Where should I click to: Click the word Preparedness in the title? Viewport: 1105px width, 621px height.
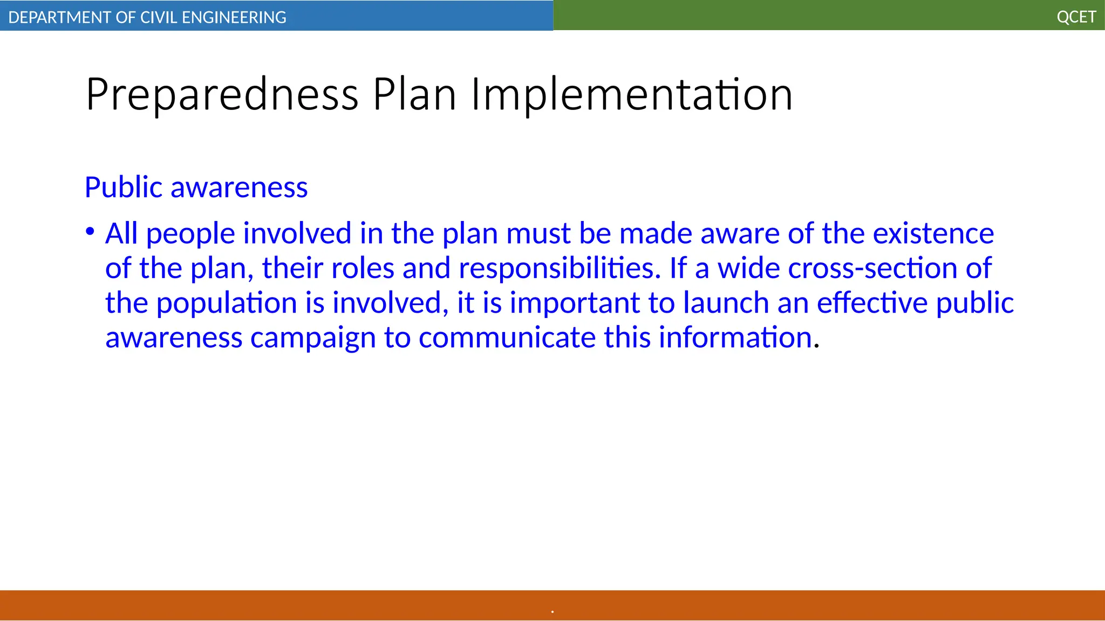click(222, 95)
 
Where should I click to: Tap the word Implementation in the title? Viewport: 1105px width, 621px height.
click(632, 95)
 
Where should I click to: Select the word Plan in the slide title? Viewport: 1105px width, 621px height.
click(414, 95)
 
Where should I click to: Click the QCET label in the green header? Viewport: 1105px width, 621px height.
click(1076, 17)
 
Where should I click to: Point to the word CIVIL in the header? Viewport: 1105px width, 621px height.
click(159, 17)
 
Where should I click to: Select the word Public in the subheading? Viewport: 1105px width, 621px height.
click(124, 187)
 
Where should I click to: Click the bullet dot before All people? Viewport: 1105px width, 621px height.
click(90, 232)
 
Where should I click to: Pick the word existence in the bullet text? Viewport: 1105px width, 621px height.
click(933, 233)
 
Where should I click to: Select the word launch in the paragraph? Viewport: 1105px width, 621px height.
click(726, 303)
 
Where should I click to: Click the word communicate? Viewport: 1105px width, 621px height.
click(507, 338)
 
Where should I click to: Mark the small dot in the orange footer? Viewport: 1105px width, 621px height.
click(552, 612)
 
